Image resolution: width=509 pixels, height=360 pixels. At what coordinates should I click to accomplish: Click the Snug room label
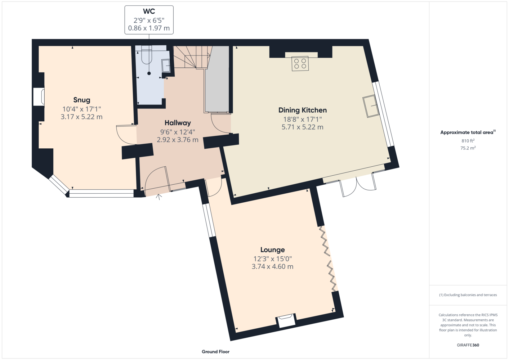point(81,100)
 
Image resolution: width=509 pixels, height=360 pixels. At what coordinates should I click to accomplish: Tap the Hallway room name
point(178,123)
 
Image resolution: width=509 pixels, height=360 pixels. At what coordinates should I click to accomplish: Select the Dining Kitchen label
point(303,110)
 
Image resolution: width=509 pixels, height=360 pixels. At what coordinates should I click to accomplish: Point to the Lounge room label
point(272,250)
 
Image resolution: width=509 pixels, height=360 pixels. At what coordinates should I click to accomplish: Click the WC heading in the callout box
point(149,11)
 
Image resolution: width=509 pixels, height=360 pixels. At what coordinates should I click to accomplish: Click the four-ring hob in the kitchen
point(300,64)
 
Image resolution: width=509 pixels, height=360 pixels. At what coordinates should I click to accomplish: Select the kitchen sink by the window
point(371,106)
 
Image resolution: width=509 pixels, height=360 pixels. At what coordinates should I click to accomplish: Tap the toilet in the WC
point(147,54)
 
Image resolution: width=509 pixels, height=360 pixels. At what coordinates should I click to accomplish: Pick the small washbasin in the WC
point(166,66)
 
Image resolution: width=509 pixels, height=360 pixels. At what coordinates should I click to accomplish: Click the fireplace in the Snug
point(39,97)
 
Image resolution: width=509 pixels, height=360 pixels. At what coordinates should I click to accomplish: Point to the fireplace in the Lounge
point(286,320)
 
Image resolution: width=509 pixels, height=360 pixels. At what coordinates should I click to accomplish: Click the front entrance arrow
point(159,197)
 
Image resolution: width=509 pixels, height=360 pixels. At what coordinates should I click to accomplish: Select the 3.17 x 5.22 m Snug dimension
point(81,117)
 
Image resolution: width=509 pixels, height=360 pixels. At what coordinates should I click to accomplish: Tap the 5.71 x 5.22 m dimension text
point(303,127)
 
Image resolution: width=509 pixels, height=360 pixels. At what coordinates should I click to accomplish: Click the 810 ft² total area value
point(468,141)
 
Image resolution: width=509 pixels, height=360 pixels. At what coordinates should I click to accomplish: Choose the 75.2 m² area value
point(468,148)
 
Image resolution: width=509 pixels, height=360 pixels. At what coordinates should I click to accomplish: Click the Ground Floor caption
point(216,352)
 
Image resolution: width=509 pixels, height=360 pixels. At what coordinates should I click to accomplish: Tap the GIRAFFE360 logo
point(468,345)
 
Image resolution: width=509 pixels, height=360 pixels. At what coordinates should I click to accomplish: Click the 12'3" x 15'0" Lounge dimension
point(272,259)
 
